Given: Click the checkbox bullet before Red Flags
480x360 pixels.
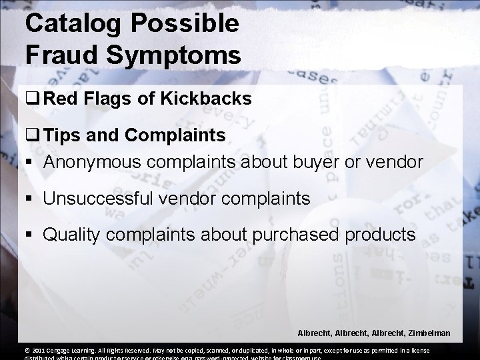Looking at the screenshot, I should point(31,100).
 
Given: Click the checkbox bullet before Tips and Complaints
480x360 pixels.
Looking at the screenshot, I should point(31,137).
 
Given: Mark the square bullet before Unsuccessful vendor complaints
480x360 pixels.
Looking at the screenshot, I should point(31,198).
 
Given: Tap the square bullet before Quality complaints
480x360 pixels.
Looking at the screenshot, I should point(31,235).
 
